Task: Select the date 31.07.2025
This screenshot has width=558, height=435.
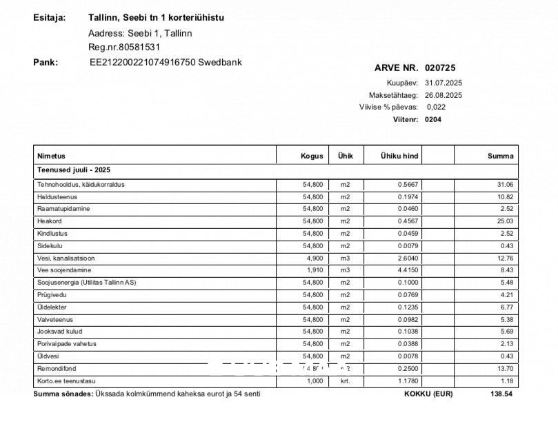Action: tap(444, 83)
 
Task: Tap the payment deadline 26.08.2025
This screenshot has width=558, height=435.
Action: tap(444, 95)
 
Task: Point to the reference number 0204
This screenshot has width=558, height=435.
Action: tap(433, 119)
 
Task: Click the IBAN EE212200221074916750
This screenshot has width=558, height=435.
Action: tap(143, 62)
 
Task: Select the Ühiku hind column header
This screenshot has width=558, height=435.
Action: tap(399, 156)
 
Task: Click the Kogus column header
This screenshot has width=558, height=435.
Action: tap(312, 156)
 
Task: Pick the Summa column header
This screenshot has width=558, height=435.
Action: tap(500, 156)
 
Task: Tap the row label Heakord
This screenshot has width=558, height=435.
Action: tap(49, 221)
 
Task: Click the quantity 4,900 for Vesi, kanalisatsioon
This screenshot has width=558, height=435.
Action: tap(313, 258)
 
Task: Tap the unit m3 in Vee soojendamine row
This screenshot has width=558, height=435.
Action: tap(345, 270)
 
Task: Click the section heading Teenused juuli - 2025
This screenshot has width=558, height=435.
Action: tap(74, 169)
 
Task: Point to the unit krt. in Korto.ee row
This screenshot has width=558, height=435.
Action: tap(345, 381)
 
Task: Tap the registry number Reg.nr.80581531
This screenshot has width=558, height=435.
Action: tap(124, 47)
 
